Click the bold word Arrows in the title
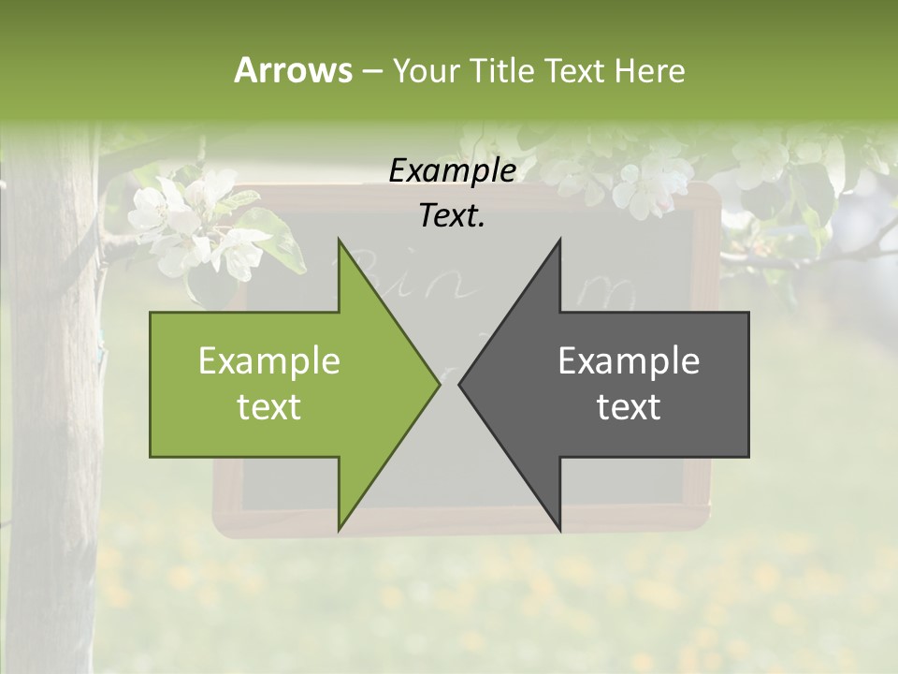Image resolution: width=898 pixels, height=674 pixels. pos(293,70)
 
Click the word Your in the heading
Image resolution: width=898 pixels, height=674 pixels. pos(426,70)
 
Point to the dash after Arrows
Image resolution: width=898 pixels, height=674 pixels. pos(370,71)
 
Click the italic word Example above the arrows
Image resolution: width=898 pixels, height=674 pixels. pos(452,171)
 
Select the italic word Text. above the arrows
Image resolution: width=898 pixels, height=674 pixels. pos(452,216)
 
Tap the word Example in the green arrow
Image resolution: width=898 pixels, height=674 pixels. pos(269,361)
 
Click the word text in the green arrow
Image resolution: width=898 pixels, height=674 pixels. pos(269,407)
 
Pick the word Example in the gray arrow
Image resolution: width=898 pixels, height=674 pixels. pos(629,361)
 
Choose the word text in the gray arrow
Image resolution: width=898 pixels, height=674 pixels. pos(629,407)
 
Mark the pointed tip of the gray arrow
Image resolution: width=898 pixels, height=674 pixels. pos(460,385)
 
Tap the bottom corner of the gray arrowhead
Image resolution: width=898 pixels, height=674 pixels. pos(559,530)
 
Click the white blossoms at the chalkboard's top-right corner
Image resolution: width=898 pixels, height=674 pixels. pos(655,183)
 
